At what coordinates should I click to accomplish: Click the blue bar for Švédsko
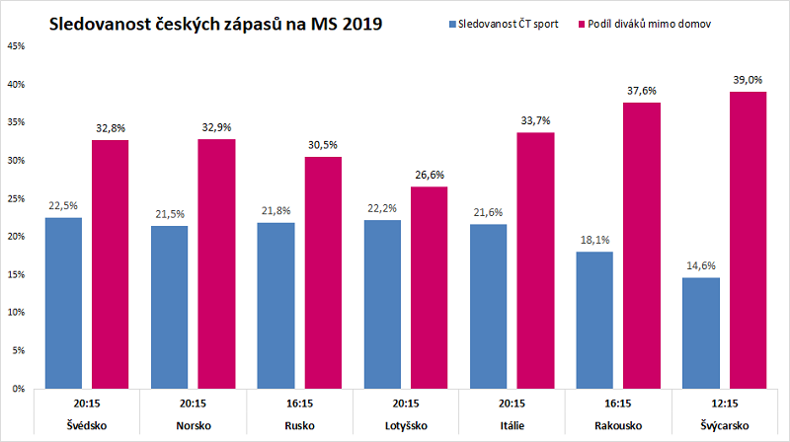point(63,303)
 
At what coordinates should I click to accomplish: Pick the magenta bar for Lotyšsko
point(427,287)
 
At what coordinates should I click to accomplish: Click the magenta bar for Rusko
point(322,272)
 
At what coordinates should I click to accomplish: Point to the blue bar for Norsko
point(169,307)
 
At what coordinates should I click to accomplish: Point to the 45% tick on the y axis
point(16,46)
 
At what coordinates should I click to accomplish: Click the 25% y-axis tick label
point(16,198)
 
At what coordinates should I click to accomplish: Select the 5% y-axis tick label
point(18,350)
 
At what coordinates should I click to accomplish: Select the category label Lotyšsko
point(405,425)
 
